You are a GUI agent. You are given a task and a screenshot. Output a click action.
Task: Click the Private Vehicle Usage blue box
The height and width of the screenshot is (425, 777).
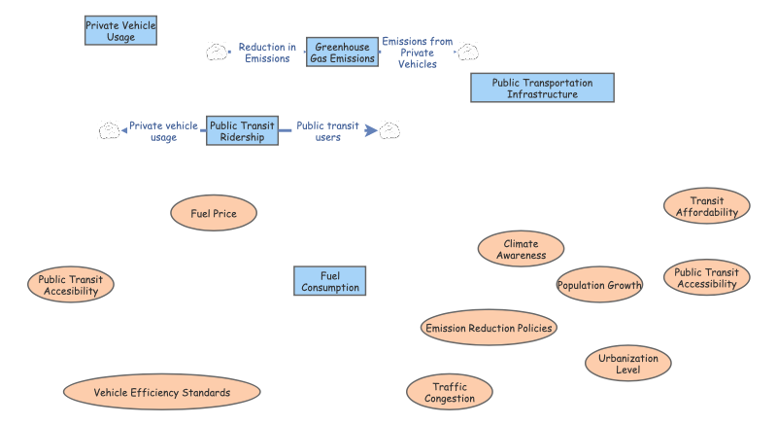coord(121,31)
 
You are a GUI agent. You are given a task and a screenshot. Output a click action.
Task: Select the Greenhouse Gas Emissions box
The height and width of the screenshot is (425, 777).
coord(342,53)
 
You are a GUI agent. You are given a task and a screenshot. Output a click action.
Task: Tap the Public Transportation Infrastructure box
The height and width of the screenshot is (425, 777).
coord(543,88)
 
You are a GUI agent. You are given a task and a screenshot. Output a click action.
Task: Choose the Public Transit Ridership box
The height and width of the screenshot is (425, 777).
coord(243,131)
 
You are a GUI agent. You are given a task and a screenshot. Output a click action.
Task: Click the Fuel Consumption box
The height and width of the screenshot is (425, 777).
coord(330,281)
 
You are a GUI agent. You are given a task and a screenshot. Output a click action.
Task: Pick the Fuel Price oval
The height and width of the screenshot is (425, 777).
coord(214,213)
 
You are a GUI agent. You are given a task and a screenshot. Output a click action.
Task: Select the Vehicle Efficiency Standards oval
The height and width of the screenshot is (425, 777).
coord(162,393)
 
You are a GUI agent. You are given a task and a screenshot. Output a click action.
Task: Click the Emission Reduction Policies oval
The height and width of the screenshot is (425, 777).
coord(490,328)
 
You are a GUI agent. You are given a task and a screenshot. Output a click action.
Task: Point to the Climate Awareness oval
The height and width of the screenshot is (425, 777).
coord(522,249)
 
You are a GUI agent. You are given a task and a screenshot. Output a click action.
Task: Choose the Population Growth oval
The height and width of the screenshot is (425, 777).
coord(599,286)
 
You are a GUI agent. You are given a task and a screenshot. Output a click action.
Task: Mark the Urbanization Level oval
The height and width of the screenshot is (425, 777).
coord(628,364)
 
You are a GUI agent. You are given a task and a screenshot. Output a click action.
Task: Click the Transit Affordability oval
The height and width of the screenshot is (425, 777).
coord(707,206)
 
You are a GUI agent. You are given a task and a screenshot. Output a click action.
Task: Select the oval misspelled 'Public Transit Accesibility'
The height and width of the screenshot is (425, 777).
coord(71,285)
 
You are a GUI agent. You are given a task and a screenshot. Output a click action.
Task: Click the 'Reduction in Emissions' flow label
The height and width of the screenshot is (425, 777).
coord(267,53)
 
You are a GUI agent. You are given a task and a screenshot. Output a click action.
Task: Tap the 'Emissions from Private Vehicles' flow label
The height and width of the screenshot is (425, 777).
coord(418,53)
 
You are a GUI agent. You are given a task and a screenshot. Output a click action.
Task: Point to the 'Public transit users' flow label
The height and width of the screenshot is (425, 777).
coord(327,131)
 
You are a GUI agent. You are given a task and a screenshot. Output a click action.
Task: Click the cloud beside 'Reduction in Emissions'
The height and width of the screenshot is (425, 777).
coord(217,53)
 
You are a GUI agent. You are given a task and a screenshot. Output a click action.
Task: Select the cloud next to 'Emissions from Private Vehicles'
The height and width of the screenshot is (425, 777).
coord(468,51)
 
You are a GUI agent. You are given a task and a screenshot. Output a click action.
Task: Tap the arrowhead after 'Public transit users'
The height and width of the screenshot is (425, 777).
coord(371,130)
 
